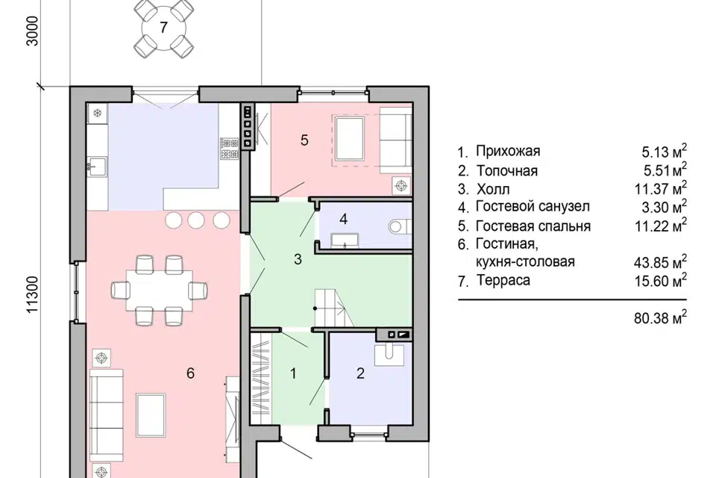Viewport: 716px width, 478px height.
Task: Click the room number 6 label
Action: [x=190, y=373]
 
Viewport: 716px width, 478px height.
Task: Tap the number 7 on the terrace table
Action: [x=163, y=28]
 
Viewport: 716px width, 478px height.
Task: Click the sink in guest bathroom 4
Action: [x=345, y=240]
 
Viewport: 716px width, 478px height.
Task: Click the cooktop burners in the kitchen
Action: [x=229, y=148]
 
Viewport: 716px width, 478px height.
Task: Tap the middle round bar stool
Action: [x=196, y=220]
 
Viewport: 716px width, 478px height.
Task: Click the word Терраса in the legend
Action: [x=503, y=280]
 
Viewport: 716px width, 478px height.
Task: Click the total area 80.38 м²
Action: [x=660, y=317]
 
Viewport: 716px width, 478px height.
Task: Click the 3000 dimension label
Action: [x=33, y=31]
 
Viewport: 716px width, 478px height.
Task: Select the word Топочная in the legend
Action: [x=507, y=170]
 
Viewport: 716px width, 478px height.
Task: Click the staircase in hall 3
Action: [x=334, y=308]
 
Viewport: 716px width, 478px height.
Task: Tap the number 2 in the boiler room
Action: [x=360, y=373]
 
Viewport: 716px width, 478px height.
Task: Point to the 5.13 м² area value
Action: [x=664, y=151]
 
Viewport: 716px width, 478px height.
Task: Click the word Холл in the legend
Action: [x=493, y=189]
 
